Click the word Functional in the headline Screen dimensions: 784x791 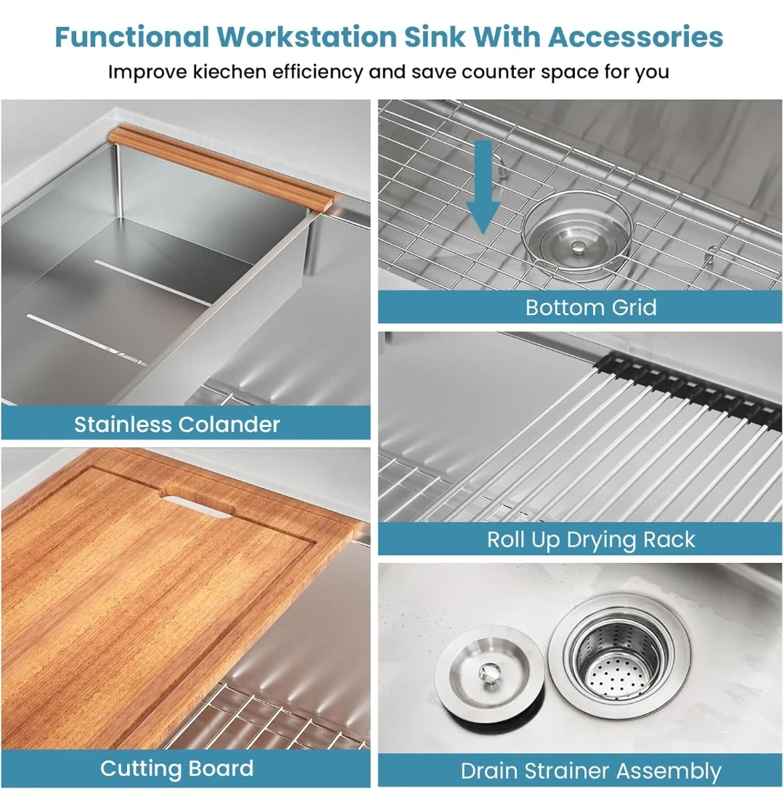(x=131, y=37)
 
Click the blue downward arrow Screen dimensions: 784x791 (x=483, y=187)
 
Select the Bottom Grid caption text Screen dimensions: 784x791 (x=591, y=307)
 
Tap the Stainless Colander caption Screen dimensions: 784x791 (x=177, y=424)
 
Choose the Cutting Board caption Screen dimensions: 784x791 (x=176, y=768)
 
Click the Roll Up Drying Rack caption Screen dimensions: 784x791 (x=591, y=539)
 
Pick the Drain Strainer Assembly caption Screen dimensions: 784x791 (x=591, y=771)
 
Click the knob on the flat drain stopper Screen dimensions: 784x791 (x=489, y=673)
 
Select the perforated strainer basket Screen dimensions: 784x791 (x=619, y=660)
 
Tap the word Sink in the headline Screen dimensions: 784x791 (x=435, y=37)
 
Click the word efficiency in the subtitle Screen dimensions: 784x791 (x=317, y=72)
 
